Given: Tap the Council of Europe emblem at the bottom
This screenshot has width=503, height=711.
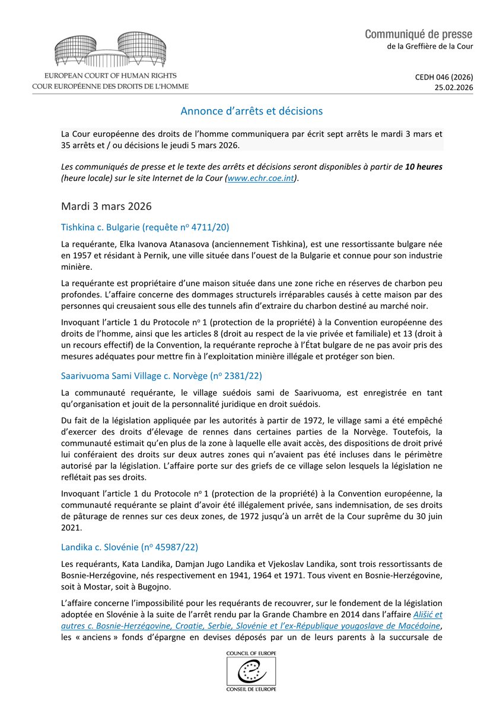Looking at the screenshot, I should coord(251,670).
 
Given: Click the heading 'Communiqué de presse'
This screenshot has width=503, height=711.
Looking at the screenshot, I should coord(419,34).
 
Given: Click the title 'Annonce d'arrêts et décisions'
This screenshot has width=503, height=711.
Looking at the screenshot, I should coord(251,111).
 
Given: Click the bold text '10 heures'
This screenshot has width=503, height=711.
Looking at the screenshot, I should coord(424,167).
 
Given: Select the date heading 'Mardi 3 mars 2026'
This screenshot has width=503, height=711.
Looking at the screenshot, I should coord(106,206).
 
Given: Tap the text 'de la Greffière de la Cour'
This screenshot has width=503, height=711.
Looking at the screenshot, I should coord(426,46).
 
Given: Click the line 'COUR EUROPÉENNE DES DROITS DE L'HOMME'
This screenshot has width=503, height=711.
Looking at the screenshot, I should coord(110,86).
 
